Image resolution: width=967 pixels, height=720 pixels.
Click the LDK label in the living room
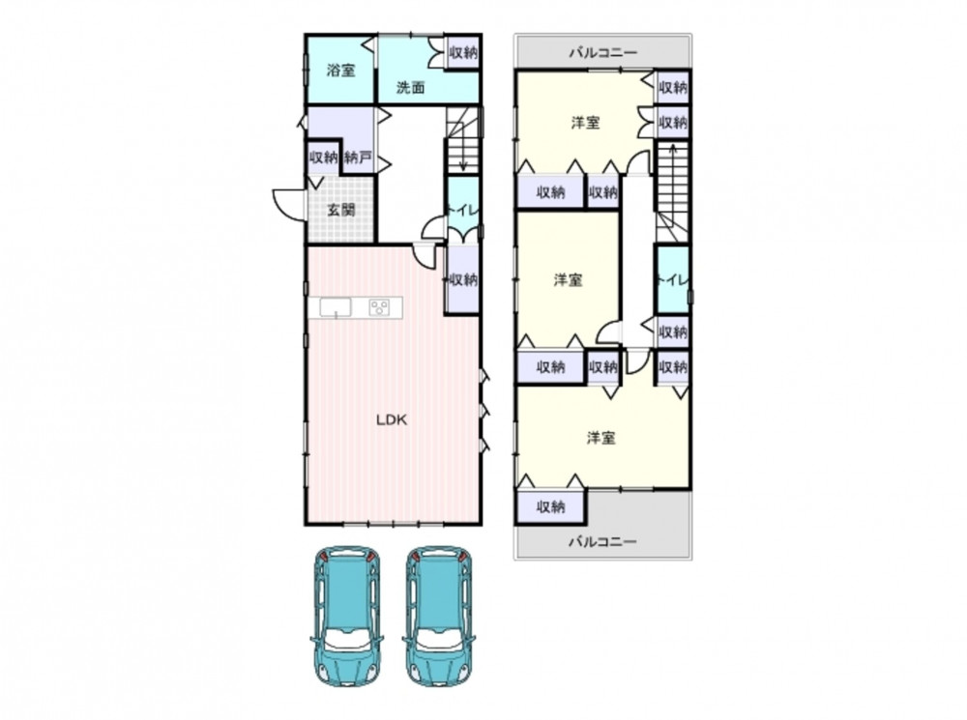pos(392,419)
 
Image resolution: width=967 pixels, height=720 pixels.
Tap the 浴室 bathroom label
pos(341,71)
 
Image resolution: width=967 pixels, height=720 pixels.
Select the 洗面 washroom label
pos(410,87)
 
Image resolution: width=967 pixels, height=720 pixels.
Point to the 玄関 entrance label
pos(340,210)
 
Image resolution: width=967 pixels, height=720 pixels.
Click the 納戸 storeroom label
pos(358,158)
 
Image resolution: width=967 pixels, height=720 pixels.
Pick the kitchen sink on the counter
pos(336,307)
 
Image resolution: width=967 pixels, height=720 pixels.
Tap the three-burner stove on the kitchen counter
pos(379,307)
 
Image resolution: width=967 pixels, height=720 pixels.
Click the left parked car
pos(347,616)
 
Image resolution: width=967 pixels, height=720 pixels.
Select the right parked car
pos(438,616)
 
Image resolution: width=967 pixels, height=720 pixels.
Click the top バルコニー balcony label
pos(602,52)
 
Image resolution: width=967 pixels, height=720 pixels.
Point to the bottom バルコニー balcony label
pos(602,542)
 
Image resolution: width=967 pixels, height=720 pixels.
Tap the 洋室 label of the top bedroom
pos(585,123)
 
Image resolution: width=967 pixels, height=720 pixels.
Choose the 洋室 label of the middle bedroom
pos(568,280)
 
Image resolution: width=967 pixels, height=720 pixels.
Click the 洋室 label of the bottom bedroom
pos(601,439)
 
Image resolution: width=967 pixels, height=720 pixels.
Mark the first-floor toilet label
pos(462,211)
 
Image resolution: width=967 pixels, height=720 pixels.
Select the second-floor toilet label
pos(672,280)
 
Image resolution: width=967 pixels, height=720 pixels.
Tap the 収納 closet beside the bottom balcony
pos(551,506)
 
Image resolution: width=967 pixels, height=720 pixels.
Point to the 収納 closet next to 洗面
pos(463,52)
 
